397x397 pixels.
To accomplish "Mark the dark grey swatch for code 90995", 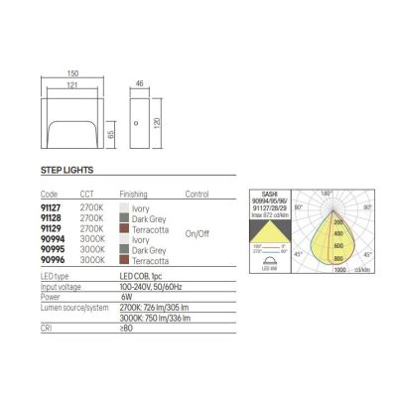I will coord(122,248).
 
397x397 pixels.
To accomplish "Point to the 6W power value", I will coord(126,295).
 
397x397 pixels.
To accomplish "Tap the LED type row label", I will coord(56,274).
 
